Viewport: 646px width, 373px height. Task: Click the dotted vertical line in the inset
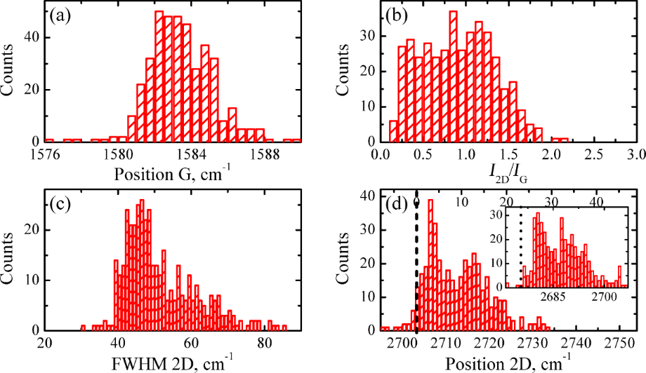coord(520,252)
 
